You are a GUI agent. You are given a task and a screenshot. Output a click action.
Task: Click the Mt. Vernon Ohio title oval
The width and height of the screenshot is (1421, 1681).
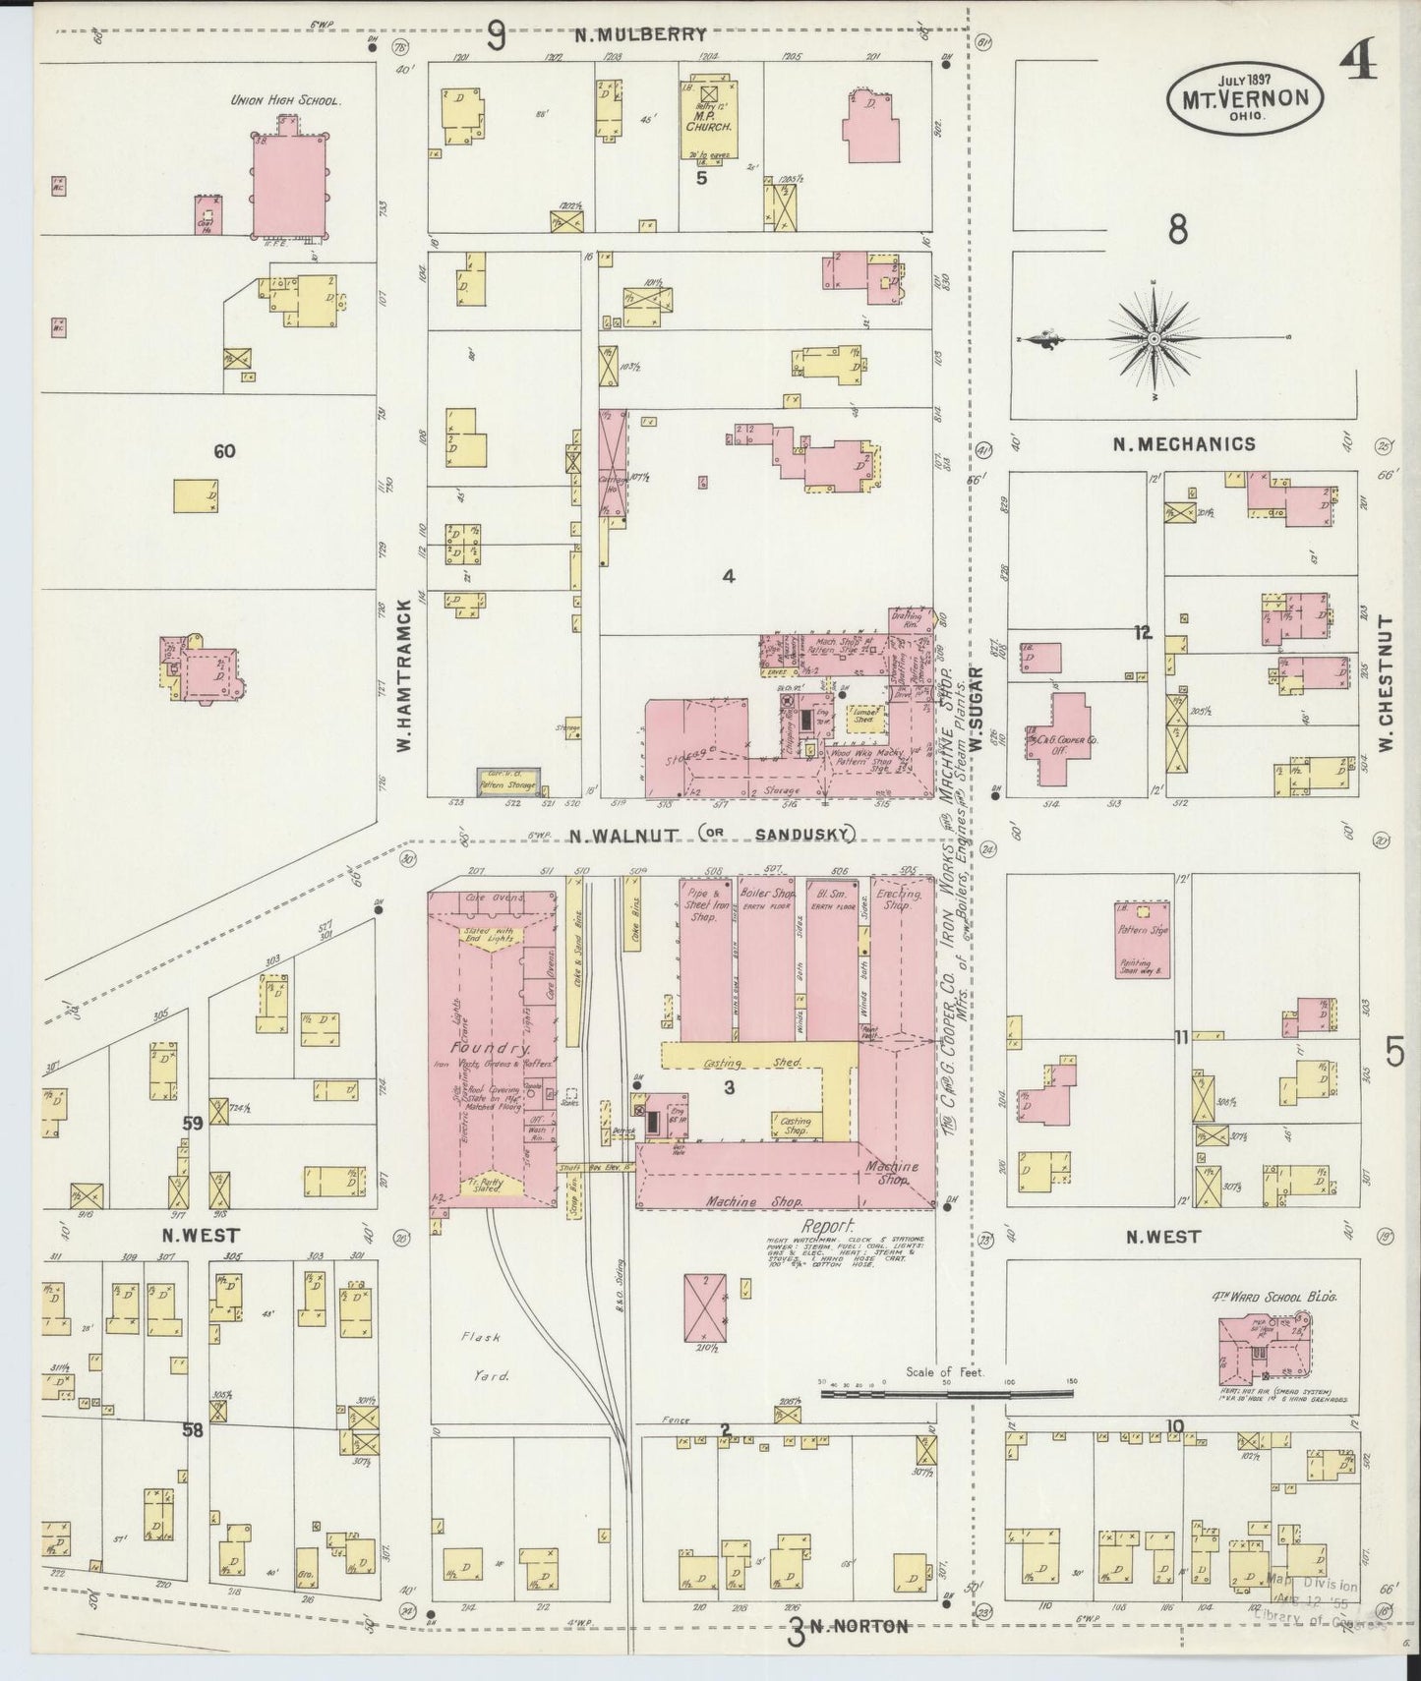[1245, 98]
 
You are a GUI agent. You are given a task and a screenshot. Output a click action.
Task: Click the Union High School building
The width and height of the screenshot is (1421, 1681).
[287, 184]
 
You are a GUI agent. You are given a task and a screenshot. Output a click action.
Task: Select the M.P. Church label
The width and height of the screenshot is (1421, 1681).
[708, 127]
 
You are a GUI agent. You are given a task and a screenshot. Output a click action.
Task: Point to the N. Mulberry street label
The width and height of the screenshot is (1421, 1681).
[641, 35]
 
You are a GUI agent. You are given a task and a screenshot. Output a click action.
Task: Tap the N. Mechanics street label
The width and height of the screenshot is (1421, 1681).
[1184, 444]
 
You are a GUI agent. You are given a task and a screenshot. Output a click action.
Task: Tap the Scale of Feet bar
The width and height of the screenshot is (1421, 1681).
[946, 1393]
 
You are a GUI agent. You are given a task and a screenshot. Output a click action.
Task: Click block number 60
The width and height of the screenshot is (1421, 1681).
[224, 451]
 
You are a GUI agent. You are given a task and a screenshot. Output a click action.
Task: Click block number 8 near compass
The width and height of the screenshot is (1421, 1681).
[1177, 229]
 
